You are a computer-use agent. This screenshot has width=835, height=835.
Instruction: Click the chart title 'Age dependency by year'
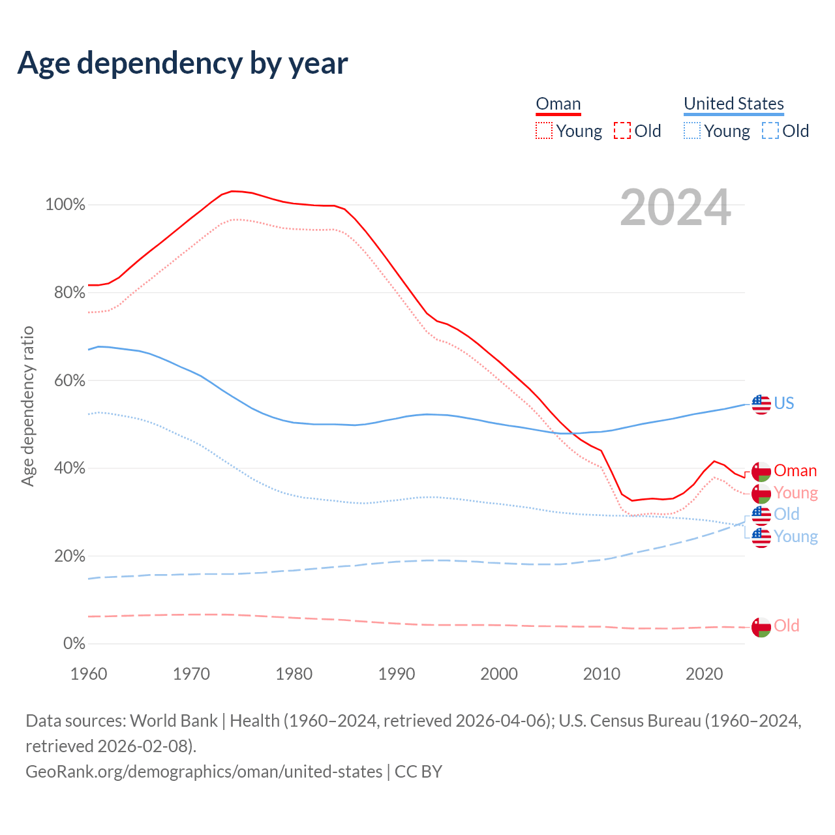point(183,63)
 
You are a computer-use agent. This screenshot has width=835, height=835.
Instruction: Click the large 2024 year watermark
point(675,208)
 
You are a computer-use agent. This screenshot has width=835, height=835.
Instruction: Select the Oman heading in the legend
point(558,104)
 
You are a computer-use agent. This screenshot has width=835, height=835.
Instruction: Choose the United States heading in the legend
point(733,104)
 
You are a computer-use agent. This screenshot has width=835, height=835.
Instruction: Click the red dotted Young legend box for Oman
point(543,130)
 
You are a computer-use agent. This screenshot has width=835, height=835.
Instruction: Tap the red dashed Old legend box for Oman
point(622,130)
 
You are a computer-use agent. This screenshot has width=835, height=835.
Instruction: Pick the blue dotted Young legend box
point(691,130)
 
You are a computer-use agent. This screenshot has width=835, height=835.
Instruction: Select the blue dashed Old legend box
point(770,130)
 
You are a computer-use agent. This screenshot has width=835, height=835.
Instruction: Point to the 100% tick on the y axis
point(65,205)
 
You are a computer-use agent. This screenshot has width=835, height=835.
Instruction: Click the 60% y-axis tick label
point(70,380)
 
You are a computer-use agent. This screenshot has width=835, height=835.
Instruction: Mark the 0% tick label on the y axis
point(74,644)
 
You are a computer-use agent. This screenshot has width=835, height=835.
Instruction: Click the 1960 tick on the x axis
point(89,673)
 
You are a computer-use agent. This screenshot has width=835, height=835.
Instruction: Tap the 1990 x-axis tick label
point(397,673)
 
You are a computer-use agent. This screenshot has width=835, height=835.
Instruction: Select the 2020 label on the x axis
point(704,673)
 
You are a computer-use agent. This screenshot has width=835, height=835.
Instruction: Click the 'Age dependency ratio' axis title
point(27,406)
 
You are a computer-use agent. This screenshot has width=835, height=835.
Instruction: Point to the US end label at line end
point(784,403)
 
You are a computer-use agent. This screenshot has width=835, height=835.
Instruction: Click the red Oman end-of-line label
point(795,471)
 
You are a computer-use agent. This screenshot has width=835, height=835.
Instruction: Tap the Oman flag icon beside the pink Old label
point(761,627)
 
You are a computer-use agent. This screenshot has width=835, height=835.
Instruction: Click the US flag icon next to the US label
point(761,404)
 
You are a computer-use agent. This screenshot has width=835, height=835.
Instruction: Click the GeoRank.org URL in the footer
point(204,771)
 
